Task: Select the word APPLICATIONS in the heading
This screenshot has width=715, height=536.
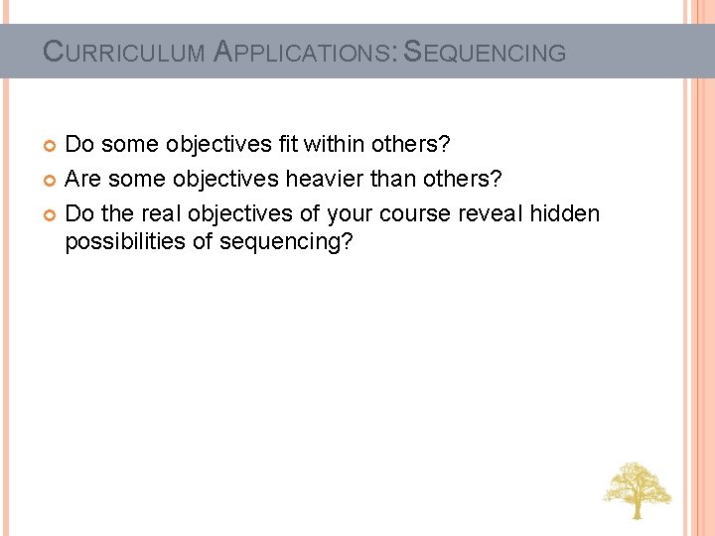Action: click(x=303, y=52)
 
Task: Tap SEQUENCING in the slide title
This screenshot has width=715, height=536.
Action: click(x=487, y=52)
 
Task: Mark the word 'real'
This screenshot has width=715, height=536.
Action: click(x=165, y=214)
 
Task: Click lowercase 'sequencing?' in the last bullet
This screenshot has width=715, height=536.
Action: click(x=284, y=243)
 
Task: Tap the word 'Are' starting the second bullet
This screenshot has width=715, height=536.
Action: click(x=83, y=180)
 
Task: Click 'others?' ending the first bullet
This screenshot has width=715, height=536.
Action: click(x=411, y=145)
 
